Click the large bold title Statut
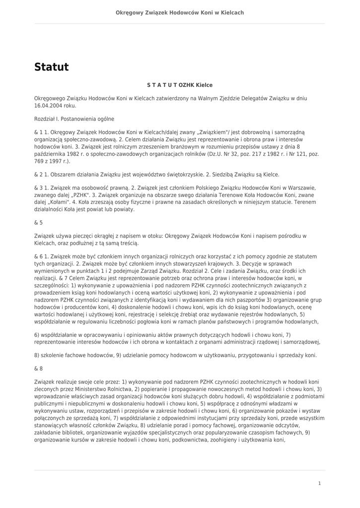pos(51,67)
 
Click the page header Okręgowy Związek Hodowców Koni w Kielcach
pos(180,12)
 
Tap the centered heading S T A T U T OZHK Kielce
pos(180,85)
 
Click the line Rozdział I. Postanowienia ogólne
pos(74,119)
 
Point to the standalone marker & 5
pos(38,223)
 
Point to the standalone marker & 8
pos(38,369)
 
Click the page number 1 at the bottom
pos(319,483)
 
